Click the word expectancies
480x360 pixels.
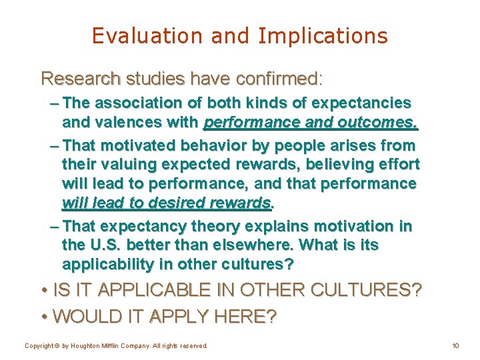click(x=362, y=103)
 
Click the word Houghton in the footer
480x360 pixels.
click(x=81, y=346)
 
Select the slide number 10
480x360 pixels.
click(x=455, y=346)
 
